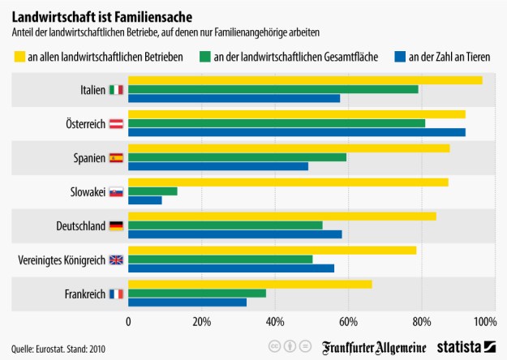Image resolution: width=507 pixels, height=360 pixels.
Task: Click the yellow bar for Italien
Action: coord(305,79)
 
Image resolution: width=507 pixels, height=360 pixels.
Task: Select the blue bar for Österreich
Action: coord(297,132)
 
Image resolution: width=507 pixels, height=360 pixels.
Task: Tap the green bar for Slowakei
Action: coord(153,191)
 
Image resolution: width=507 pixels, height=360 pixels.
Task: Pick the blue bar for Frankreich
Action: coord(187,302)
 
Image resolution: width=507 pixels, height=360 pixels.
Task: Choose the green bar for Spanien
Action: coord(238,157)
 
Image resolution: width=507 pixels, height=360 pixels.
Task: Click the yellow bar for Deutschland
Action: coord(282,216)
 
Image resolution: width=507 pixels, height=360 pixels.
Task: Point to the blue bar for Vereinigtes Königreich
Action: coord(231,268)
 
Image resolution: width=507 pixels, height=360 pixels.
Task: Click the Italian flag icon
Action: coord(116,89)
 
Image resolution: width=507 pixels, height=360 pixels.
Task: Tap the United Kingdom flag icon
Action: coord(116,260)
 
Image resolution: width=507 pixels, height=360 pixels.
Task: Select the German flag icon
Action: coord(116,226)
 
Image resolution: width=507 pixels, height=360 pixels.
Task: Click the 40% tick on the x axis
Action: coord(275,322)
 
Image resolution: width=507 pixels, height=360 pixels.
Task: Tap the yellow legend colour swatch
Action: coord(21,57)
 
